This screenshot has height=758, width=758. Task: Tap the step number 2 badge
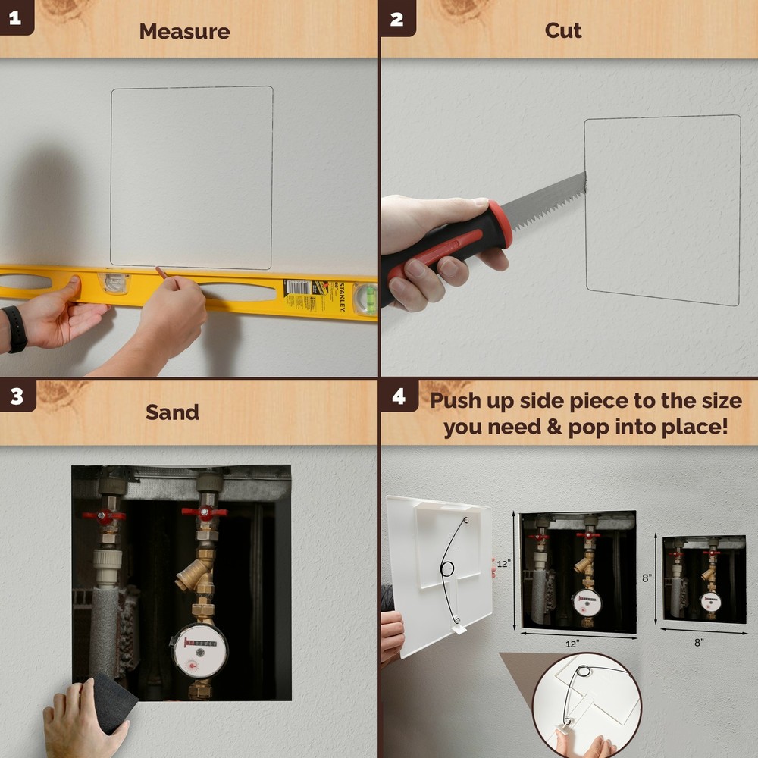click(396, 17)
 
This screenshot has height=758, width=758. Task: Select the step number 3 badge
click(16, 396)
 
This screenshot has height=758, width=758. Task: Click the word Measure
click(184, 31)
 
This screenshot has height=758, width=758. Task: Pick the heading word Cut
click(563, 30)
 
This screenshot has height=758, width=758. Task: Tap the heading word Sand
click(172, 412)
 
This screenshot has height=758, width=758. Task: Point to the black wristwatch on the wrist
click(14, 328)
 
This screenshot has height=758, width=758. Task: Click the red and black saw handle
click(447, 246)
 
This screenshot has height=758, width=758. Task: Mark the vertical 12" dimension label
click(504, 564)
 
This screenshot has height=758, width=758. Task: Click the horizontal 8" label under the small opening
click(698, 641)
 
